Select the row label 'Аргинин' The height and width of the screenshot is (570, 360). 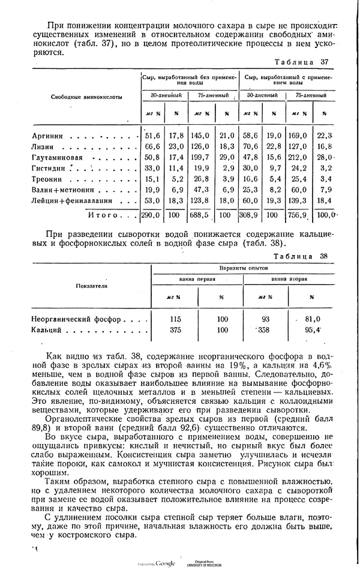(x=47, y=136)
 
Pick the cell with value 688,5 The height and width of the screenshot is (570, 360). (x=199, y=214)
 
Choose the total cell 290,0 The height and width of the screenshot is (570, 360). (x=150, y=214)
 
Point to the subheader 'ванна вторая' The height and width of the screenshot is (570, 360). (x=289, y=279)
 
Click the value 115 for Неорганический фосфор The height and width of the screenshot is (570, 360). (x=176, y=319)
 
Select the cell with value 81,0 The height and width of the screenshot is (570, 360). (x=313, y=319)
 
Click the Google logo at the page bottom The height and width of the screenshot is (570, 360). (x=164, y=563)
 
